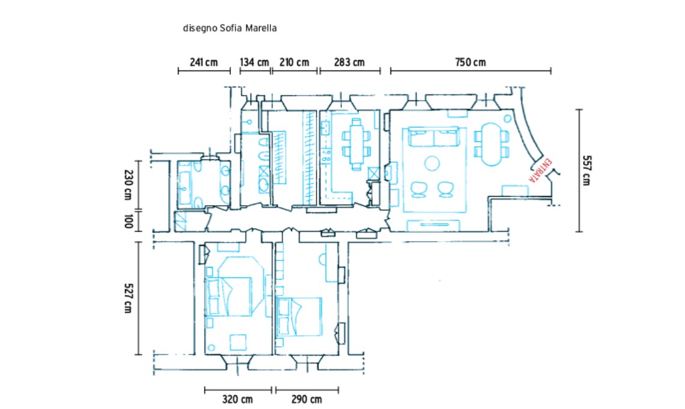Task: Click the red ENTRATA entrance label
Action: pos(540,171)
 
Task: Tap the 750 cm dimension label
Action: pos(470,62)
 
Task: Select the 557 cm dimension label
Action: pos(586,170)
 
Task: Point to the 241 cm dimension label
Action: pos(204,62)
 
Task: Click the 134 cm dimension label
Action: pos(254,62)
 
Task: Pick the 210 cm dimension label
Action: pos(294,62)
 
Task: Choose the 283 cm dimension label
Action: pos(349,62)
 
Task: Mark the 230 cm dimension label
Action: pos(127,185)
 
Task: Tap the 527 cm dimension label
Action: pos(127,298)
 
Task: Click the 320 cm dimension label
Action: pos(237,399)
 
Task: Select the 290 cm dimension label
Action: pos(306,399)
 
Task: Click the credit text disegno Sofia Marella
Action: pos(230,28)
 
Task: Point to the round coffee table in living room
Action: pos(432,164)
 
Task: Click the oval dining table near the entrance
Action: pos(492,144)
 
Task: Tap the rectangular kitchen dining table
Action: pos(356,144)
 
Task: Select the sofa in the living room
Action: pos(434,137)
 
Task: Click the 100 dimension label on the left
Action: pos(127,221)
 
